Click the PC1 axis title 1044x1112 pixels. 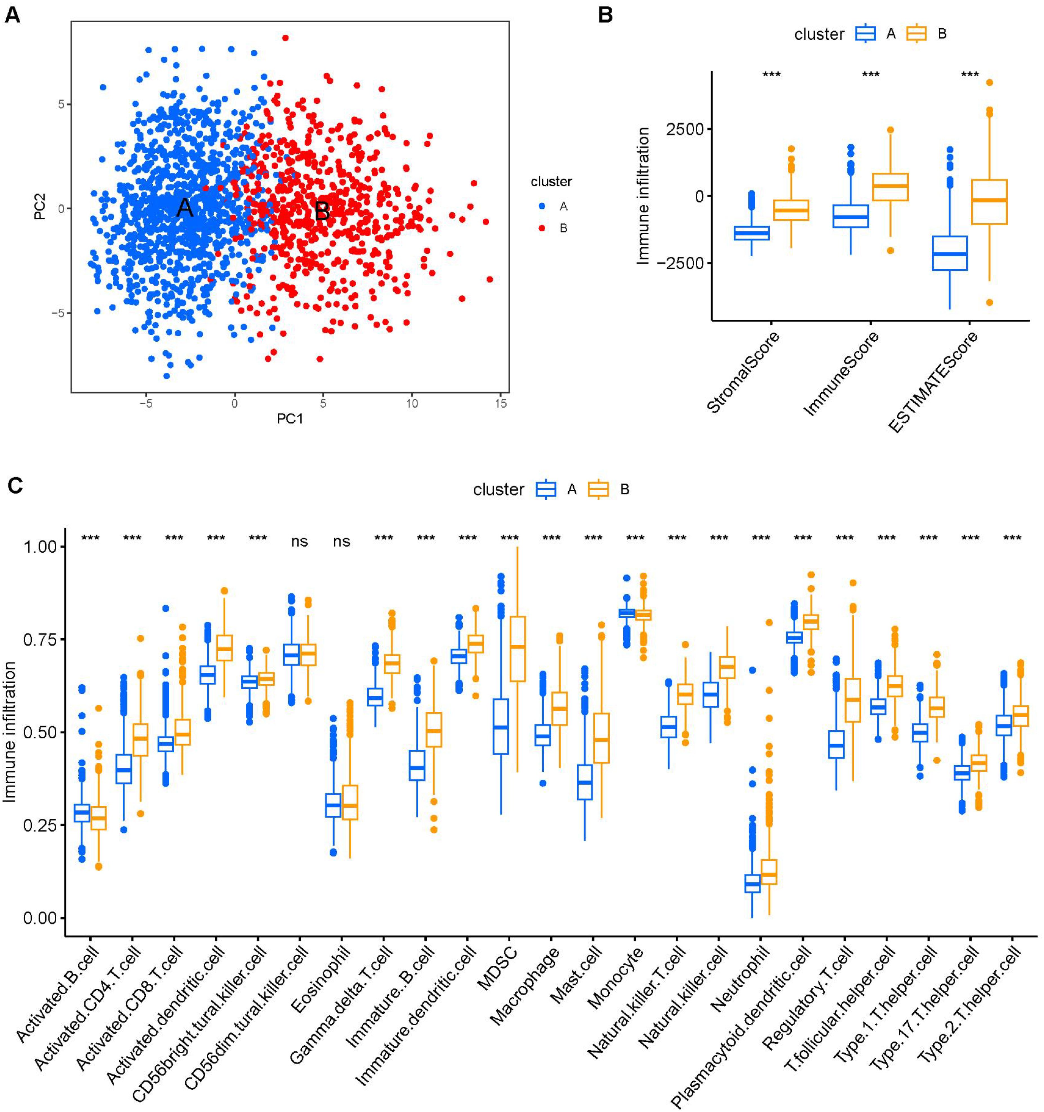point(290,418)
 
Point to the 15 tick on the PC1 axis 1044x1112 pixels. point(501,403)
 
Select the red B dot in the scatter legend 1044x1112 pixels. point(542,228)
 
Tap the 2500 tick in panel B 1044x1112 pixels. point(685,129)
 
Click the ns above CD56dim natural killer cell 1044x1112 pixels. point(300,541)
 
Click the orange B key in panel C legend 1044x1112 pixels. point(598,490)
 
